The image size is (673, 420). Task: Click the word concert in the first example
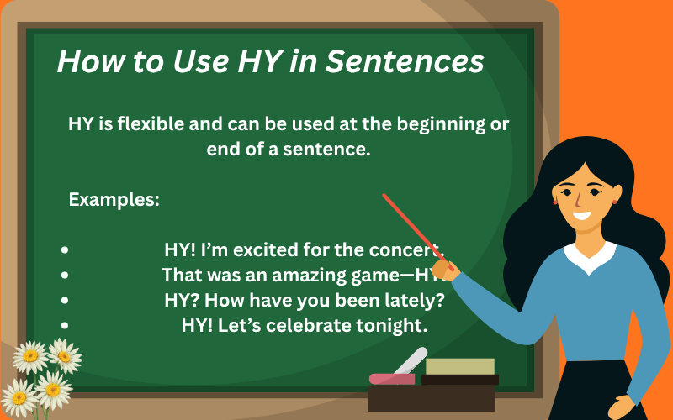(411, 250)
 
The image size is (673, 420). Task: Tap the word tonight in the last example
(396, 324)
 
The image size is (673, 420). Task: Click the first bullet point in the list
(65, 250)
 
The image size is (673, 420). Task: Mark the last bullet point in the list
(65, 323)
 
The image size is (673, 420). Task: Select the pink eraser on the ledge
(392, 378)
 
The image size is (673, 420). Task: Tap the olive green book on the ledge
(459, 365)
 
